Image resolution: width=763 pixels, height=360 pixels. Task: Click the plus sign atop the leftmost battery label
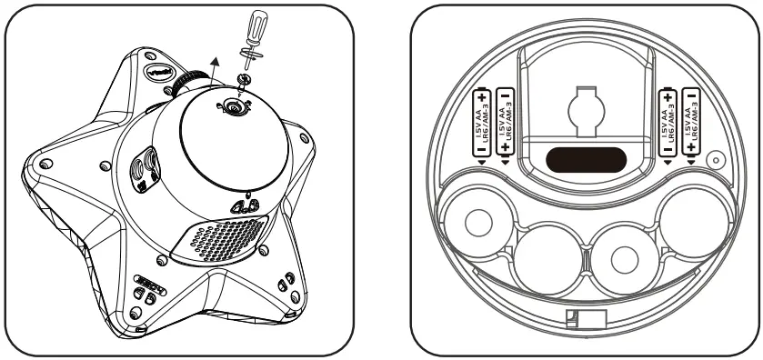click(x=483, y=95)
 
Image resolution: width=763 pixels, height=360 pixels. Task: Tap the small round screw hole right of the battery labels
click(x=716, y=160)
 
